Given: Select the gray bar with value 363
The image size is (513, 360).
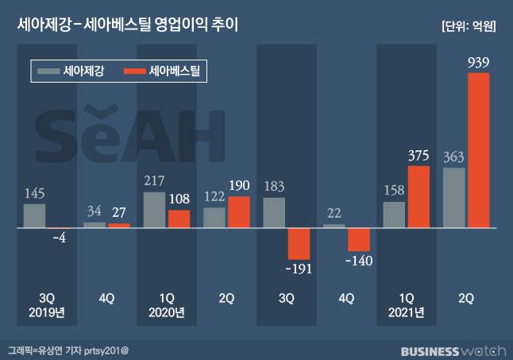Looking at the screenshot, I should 454,198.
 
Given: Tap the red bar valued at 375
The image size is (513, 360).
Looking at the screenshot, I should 418,196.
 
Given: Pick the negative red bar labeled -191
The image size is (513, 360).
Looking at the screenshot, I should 299,243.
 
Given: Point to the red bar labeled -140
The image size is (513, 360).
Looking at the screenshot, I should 359,239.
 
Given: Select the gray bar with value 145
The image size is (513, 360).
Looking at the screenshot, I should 34,215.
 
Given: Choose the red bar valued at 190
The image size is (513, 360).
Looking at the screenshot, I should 239,211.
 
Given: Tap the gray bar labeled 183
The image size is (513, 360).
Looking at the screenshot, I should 274,212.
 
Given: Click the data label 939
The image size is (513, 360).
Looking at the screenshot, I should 479,62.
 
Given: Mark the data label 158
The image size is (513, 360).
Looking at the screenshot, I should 395,191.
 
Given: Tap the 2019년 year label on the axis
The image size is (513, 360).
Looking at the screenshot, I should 46,312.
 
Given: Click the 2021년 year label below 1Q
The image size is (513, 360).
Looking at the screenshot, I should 406,312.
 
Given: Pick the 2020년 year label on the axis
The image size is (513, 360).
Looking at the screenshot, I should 166,312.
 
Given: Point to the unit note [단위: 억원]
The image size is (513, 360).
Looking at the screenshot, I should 469,25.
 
